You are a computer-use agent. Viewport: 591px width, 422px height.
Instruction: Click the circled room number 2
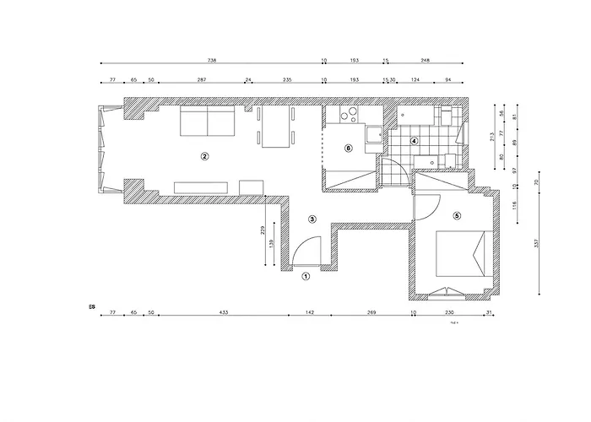pos(203,156)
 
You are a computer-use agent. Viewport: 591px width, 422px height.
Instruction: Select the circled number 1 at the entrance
pos(306,275)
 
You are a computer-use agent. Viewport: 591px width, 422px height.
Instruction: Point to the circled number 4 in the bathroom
pos(414,141)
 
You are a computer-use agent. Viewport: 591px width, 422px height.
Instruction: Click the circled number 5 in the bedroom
pos(457,215)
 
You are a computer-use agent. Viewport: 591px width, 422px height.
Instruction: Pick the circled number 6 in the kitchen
pos(349,149)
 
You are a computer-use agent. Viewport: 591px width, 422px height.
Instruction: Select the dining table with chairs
pos(275,127)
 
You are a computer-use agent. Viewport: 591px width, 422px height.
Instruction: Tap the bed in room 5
pos(461,254)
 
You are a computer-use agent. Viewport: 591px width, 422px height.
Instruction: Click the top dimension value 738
pos(212,60)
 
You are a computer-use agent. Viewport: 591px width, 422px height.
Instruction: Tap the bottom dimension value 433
pos(224,312)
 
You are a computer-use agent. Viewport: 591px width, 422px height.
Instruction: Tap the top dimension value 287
pos(201,79)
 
